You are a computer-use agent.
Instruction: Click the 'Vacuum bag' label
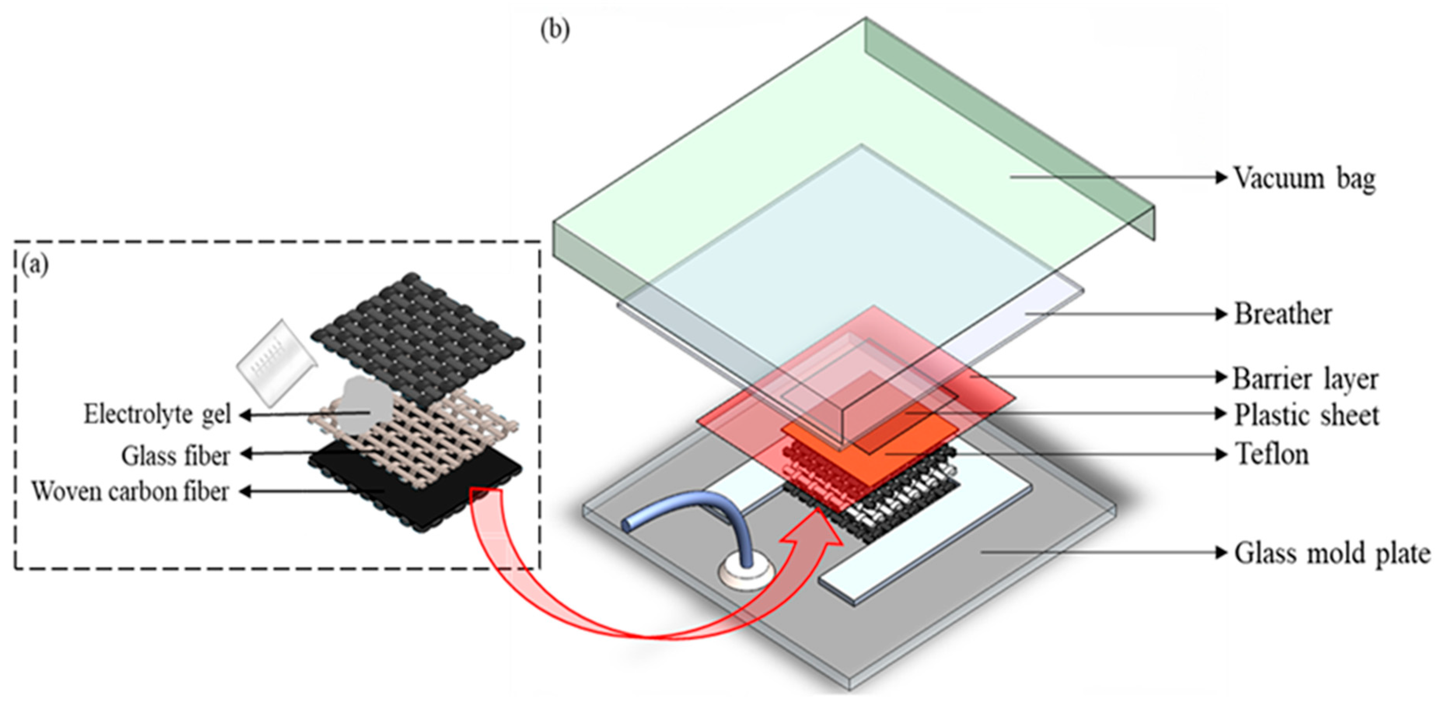coord(1304,179)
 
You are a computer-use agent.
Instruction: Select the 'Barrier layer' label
coord(1305,379)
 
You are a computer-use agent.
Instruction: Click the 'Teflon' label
coord(1272,454)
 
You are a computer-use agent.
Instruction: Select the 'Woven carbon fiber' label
coord(130,492)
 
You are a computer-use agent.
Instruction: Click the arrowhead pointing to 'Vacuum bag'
coord(1221,177)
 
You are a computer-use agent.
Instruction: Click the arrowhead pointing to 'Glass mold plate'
coord(1221,553)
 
